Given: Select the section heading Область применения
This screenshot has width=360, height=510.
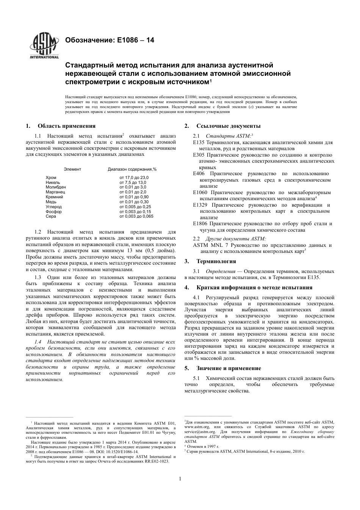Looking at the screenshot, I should [66, 126].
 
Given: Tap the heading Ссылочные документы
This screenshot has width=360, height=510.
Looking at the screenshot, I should [228, 126].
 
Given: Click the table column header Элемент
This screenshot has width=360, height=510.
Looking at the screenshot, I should [72, 169].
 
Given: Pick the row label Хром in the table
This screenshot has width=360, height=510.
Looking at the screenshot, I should [51, 177].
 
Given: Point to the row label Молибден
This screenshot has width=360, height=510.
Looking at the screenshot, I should [56, 187].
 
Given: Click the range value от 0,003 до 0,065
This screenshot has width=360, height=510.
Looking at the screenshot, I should [136, 216].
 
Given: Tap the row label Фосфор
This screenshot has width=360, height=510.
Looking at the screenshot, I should [53, 212].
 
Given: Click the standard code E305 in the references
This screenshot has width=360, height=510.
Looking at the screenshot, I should [199, 155].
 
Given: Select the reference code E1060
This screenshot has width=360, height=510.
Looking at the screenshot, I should [200, 193].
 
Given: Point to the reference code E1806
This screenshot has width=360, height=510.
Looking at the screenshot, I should [200, 224].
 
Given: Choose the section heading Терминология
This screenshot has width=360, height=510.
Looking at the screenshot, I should [216, 261].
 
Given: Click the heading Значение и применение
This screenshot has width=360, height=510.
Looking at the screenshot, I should [229, 368].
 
